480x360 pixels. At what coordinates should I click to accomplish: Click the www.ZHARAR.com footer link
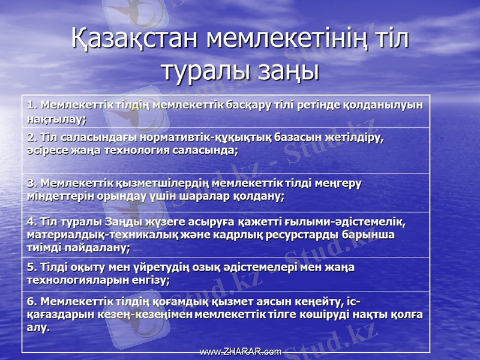pyautogui.click(x=240, y=352)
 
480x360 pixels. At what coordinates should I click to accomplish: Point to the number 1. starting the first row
pyautogui.click(x=32, y=104)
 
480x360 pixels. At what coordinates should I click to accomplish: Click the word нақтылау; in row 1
pyautogui.click(x=56, y=119)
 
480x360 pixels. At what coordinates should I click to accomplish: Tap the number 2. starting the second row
pyautogui.click(x=32, y=137)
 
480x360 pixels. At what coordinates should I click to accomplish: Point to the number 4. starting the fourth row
pyautogui.click(x=32, y=221)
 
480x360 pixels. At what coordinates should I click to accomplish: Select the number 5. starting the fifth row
pyautogui.click(x=32, y=267)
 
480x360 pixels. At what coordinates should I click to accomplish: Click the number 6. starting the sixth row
pyautogui.click(x=32, y=301)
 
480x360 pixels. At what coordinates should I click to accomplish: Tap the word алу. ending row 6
pyautogui.click(x=38, y=327)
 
